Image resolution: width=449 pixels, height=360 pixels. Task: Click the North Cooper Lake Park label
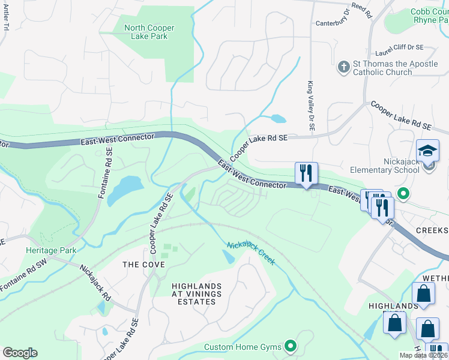click(149, 32)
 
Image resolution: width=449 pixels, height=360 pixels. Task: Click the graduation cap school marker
click(428, 150)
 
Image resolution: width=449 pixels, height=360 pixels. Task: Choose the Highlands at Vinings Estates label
click(196, 294)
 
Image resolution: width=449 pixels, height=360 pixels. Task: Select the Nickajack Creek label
click(251, 254)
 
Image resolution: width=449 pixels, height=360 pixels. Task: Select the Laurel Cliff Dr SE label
click(399, 47)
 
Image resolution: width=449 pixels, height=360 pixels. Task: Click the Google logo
click(20, 353)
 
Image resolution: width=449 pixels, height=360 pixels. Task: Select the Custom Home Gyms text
click(244, 347)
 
